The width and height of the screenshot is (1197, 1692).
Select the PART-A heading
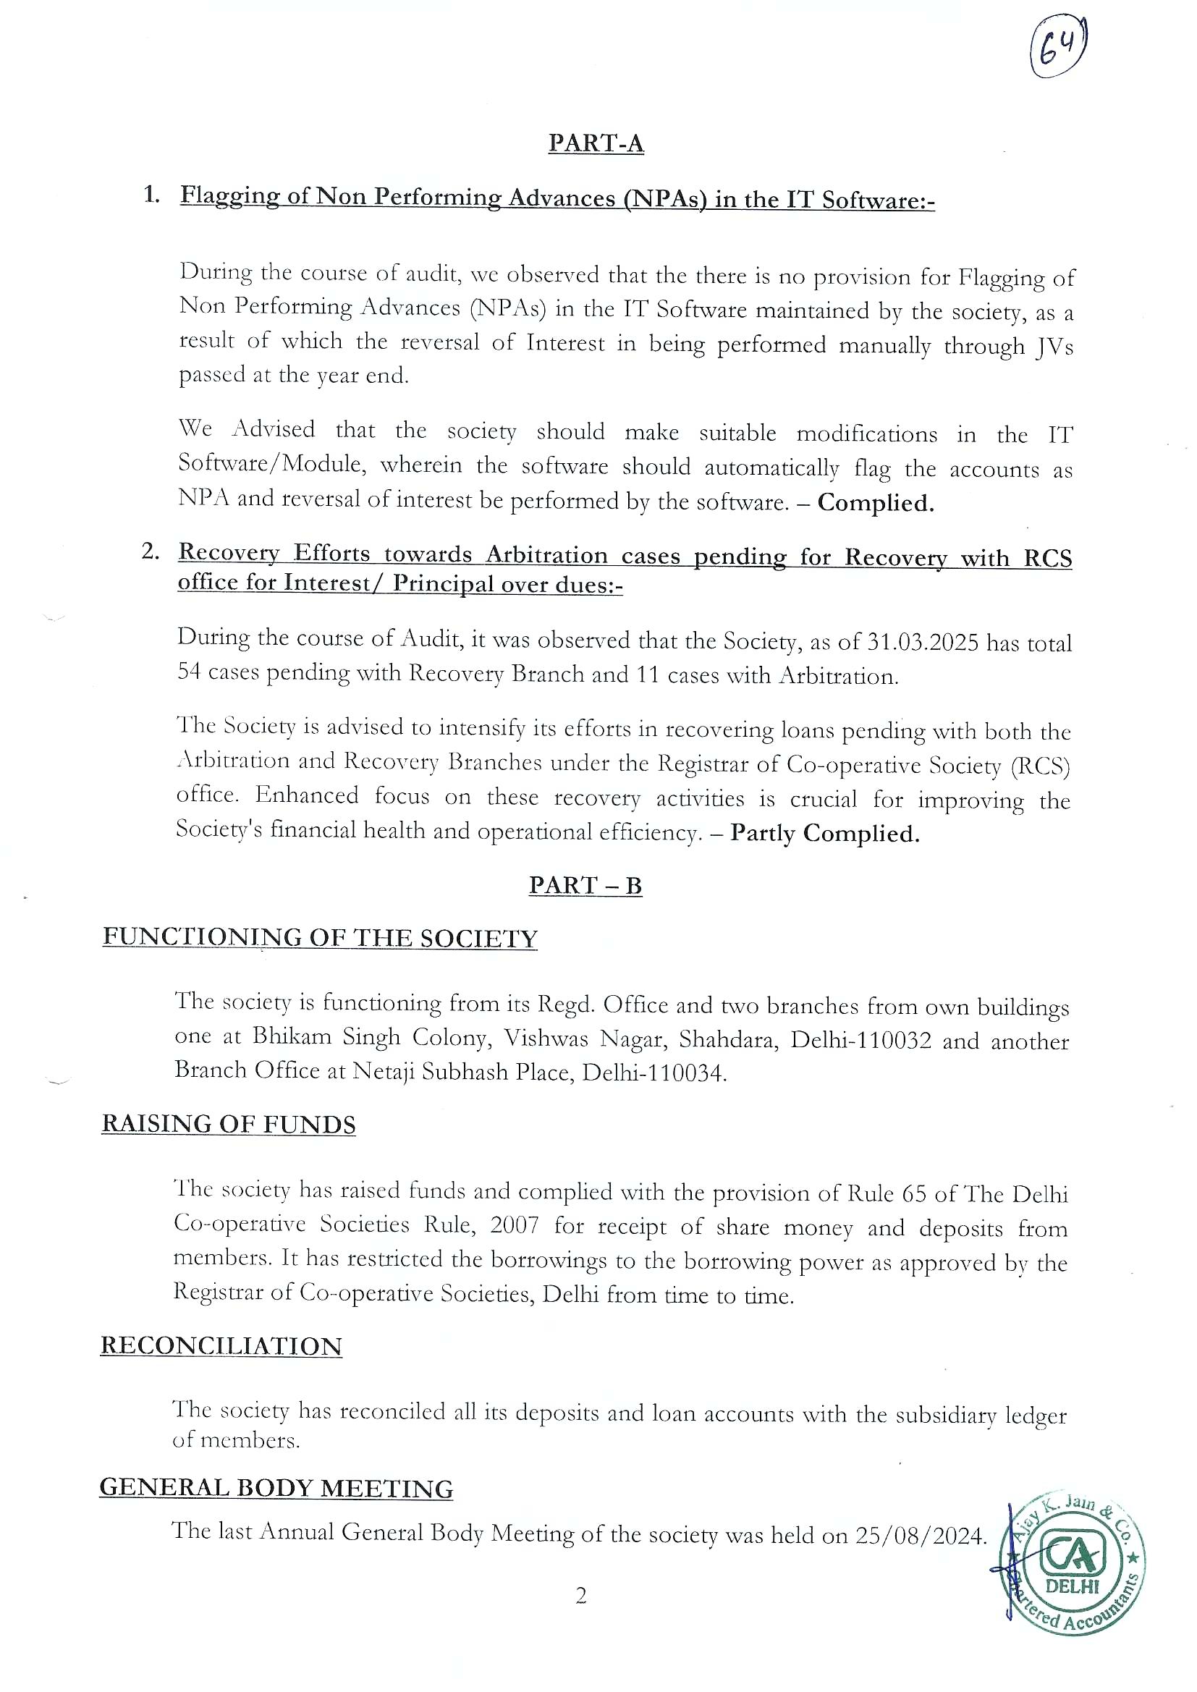tap(596, 143)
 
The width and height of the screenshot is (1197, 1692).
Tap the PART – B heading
tap(585, 885)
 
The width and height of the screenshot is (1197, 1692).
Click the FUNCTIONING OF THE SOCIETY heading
tap(320, 937)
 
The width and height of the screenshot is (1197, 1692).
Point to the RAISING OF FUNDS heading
tap(229, 1124)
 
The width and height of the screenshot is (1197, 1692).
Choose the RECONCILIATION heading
tap(221, 1345)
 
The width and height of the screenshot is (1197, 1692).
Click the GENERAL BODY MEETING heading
tap(276, 1488)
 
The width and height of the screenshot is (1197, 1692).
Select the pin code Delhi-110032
tap(860, 1040)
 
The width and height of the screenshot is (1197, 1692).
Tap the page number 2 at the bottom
tap(581, 1596)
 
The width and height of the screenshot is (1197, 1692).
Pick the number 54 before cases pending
tap(190, 672)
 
